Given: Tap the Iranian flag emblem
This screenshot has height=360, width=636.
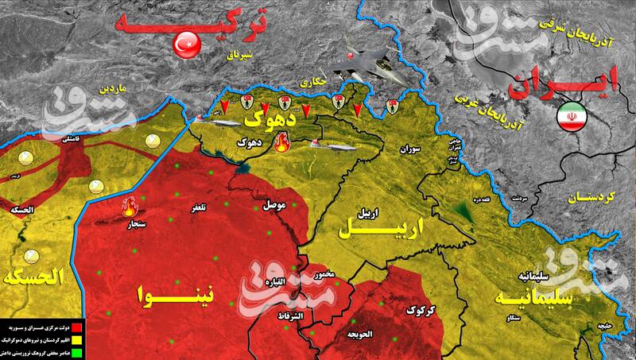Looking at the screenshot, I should pos(570,114).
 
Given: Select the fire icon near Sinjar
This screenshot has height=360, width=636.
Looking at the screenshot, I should pos(128,208).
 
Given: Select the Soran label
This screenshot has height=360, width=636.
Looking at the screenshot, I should pos(410,149).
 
